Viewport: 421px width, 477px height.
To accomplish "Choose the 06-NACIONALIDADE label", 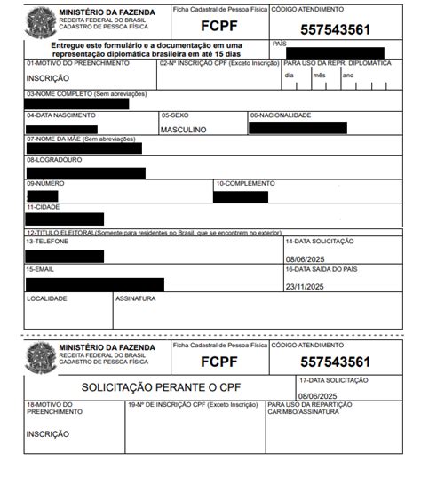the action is point(280,115).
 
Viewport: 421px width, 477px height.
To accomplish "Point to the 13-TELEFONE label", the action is point(46,241).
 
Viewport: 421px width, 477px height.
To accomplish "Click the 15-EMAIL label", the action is point(40,268).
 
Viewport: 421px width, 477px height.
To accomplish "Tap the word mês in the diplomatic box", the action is point(317,75).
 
